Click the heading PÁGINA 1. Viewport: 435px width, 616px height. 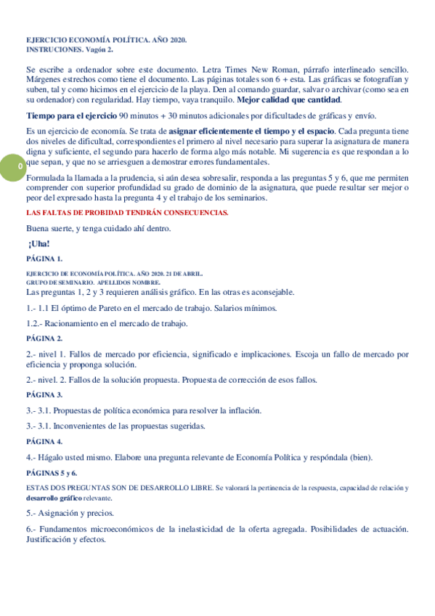[44, 258]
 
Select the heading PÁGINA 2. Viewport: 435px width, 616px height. [44, 338]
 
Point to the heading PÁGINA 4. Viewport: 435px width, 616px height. [44, 441]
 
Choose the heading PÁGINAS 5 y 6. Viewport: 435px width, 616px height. [52, 472]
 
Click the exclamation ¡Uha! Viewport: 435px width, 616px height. [44, 243]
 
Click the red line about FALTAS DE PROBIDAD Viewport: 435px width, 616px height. [127, 212]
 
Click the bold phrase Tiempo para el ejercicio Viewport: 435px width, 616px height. [70, 115]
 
